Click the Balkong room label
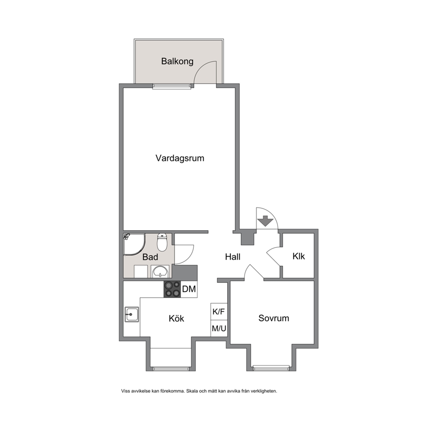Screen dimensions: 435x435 coord(177,61)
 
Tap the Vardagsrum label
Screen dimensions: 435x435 coord(180,158)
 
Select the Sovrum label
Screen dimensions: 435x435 coord(274,318)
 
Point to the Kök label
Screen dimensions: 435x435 coord(176,318)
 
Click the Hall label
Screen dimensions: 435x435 coord(233,257)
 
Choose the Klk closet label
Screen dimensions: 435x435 coord(299,256)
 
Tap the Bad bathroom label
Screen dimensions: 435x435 coord(150,257)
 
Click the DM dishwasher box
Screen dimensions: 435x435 coord(189,289)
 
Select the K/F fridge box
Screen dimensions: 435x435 coord(219,311)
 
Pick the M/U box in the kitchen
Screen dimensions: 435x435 coord(219,328)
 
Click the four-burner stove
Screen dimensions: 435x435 coord(172,289)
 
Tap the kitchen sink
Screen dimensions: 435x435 coord(132,314)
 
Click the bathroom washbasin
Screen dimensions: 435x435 coord(160,271)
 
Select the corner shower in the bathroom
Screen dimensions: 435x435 coord(134,244)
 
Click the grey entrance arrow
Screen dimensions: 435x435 coord(265,221)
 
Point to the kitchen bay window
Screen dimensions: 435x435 coord(171,369)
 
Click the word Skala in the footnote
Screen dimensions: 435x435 coord(192,391)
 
